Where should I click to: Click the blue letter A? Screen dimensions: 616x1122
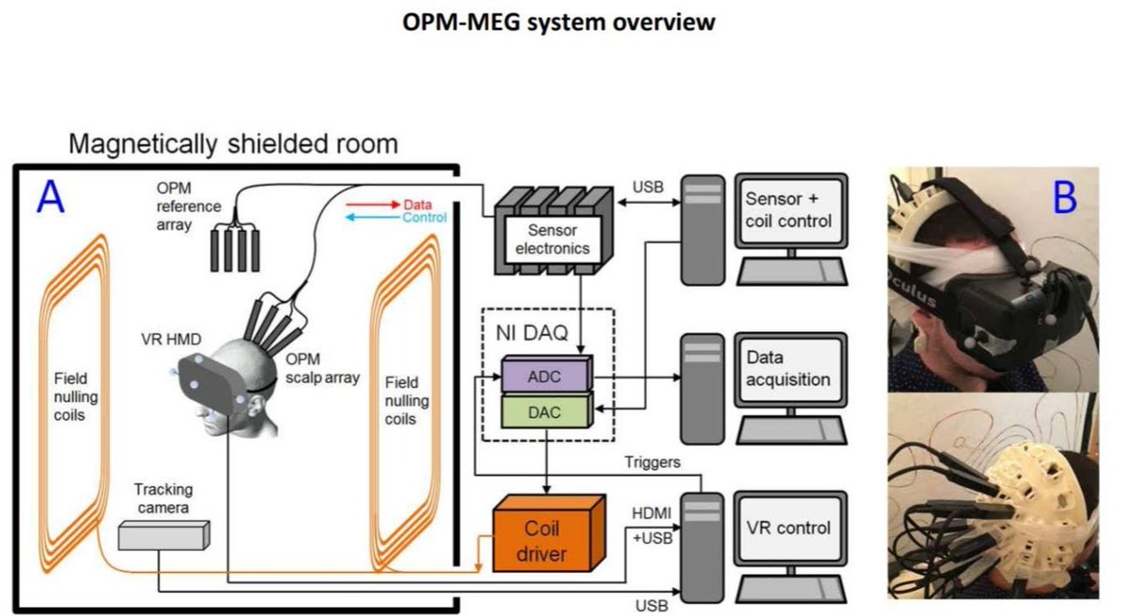coord(50,199)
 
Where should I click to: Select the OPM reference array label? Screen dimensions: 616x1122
coord(189,205)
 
